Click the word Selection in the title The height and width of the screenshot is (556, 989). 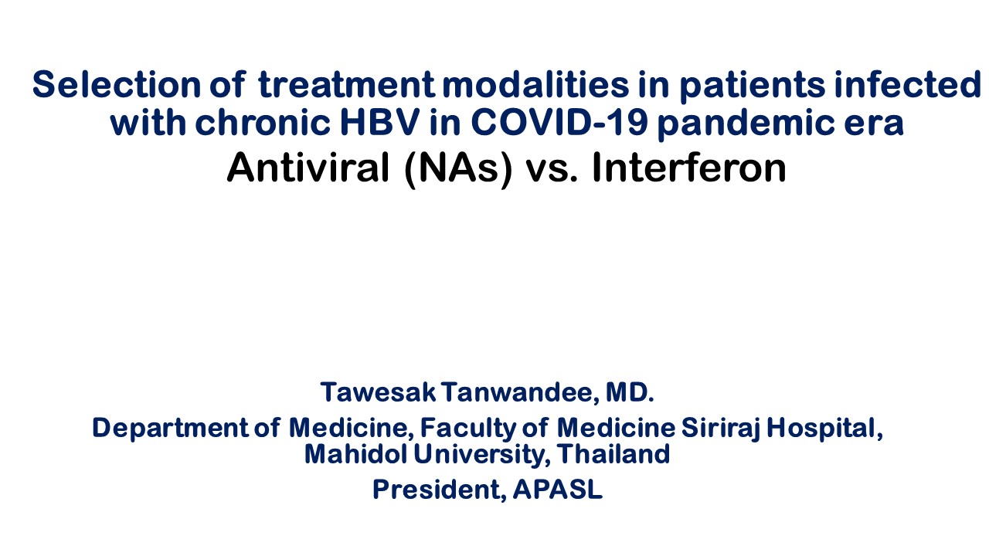(117, 84)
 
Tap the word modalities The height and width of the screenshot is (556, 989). (535, 84)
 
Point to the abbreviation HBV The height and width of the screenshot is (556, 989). (379, 122)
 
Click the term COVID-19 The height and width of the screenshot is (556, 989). (559, 122)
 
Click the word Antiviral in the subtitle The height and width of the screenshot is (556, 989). (308, 168)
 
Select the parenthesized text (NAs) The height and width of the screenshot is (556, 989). (458, 169)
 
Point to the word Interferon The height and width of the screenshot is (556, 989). (689, 168)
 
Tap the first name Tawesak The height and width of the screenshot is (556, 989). (378, 392)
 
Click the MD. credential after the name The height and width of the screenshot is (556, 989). (630, 392)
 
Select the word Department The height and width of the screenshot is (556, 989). (170, 428)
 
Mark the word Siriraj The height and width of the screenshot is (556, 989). (721, 429)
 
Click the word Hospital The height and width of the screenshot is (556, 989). (824, 429)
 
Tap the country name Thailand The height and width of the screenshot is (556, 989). (613, 453)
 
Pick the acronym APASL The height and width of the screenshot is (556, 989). (558, 489)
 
